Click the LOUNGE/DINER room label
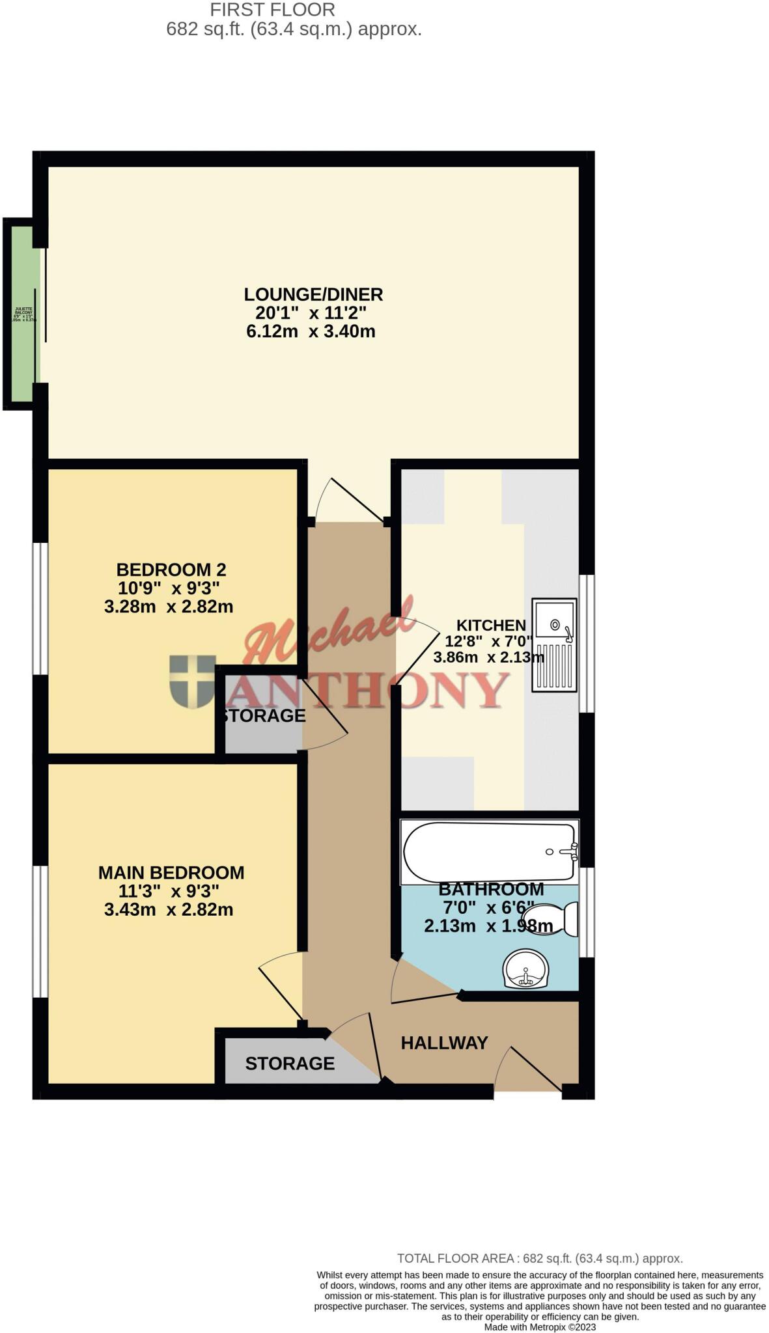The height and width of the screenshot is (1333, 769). coord(313,294)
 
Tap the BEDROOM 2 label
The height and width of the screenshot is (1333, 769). coord(171,570)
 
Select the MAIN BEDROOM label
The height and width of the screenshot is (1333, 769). coord(171,872)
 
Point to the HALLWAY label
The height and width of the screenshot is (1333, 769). coord(443,1043)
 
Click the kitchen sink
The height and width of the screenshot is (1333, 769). coord(554,644)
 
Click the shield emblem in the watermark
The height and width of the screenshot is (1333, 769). coord(192,681)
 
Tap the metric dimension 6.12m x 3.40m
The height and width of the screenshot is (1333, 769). coord(311,331)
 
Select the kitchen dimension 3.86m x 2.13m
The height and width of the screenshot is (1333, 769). coord(488,657)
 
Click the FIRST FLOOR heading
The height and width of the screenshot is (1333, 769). coord(273,10)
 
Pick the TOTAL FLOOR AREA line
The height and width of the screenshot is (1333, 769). coord(540,1258)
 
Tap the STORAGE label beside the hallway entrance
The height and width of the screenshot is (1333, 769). coord(290,1063)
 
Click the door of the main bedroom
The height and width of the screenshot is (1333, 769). coord(281,987)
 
